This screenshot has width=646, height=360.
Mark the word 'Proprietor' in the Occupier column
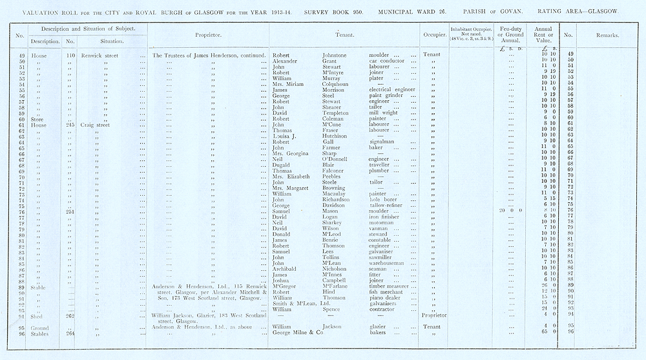click(434, 315)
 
